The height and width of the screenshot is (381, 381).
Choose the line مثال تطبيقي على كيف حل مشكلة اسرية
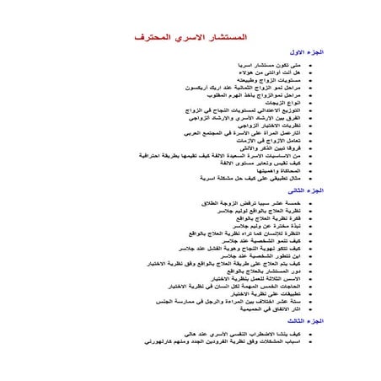[x=249, y=178]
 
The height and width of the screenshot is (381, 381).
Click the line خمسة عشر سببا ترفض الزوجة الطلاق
[x=250, y=204]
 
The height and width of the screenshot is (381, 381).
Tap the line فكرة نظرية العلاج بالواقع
[x=264, y=219]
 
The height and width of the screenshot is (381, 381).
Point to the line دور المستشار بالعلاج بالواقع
[x=260, y=271]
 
